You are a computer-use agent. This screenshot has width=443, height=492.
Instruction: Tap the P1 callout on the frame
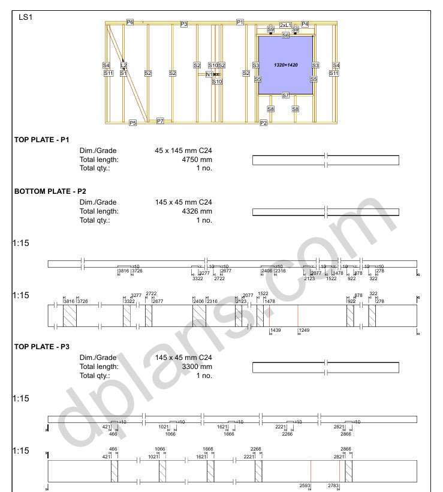pos(240,22)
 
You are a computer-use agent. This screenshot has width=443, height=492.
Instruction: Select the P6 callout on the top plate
pos(130,22)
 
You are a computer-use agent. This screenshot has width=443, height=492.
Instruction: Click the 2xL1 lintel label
pos(285,25)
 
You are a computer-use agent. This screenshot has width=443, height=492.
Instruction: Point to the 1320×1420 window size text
pos(286,64)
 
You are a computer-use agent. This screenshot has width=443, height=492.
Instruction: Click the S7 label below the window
pos(285,95)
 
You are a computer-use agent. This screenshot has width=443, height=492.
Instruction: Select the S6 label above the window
pos(285,35)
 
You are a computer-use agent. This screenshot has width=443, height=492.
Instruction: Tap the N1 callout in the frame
pos(209,74)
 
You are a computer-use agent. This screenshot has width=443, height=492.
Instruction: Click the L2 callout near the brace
pos(123,65)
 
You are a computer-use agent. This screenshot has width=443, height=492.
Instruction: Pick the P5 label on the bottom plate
pos(132,122)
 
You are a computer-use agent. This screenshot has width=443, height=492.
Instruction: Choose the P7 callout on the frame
pos(160,121)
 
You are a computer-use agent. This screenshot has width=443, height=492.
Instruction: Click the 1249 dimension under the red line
pos(304,331)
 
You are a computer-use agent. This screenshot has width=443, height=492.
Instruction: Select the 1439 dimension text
pos(275,331)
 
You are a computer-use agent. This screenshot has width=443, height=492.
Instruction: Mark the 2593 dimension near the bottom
pos(305,485)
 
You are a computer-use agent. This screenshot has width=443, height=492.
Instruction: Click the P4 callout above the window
pos(305,24)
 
